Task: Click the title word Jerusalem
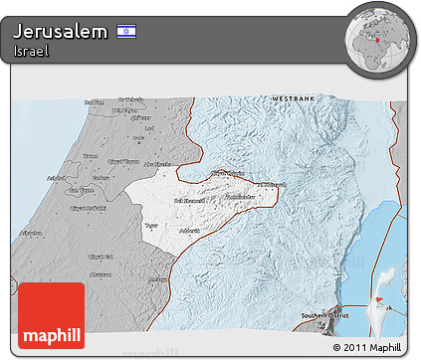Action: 61,32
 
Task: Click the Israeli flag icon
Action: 126,32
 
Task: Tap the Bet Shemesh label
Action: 189,201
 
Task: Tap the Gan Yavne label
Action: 80,190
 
